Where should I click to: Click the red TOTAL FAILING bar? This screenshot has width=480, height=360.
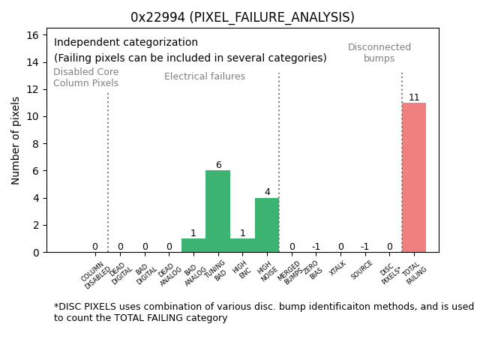tap(413, 178)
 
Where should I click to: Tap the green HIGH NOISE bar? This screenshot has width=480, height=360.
tap(267, 225)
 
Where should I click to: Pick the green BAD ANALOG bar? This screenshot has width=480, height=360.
tap(193, 245)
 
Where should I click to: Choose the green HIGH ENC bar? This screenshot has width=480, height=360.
tap(242, 245)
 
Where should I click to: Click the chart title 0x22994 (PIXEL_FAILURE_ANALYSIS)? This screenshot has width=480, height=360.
tap(242, 17)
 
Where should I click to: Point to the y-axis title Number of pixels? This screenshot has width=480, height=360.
tap(16, 140)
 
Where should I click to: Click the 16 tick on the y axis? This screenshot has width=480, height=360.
tap(32, 34)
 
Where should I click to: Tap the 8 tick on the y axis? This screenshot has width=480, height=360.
tap(35, 143)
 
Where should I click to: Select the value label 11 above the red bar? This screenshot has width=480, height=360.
tap(414, 97)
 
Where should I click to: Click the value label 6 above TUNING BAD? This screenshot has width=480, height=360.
tap(218, 165)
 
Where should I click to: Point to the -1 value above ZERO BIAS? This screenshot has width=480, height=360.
tap(316, 247)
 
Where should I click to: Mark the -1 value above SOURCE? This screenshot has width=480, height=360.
tap(364, 247)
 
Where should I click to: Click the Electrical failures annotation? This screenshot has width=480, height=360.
tap(205, 76)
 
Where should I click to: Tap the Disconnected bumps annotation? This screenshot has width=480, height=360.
tap(379, 52)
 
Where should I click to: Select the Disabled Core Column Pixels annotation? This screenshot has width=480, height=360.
tap(85, 77)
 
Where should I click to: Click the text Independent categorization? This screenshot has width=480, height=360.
tap(126, 43)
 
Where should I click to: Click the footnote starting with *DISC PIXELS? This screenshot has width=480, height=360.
tap(263, 312)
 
